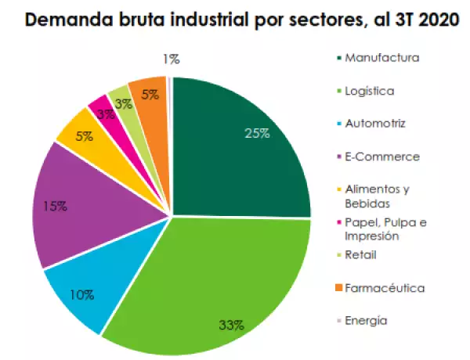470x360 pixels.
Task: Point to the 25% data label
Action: tap(257, 133)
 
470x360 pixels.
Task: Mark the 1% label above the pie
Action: tap(172, 59)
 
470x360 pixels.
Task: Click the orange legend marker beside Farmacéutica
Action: tap(338, 289)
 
